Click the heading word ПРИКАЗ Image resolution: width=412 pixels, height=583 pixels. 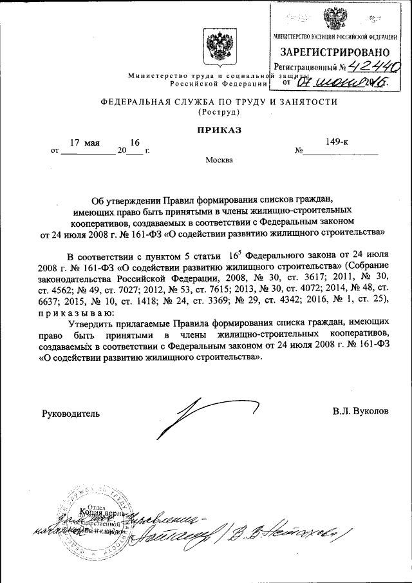pos(218,130)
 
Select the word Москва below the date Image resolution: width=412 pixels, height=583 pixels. pos(219,160)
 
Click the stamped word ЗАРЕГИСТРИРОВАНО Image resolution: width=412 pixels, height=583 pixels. pos(334,51)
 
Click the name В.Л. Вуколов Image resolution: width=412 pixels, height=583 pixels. pos(360,411)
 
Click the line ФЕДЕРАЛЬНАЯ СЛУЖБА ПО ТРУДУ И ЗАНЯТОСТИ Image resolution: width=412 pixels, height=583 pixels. pos(218,102)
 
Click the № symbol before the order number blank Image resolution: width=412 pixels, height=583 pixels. pos(298,152)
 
